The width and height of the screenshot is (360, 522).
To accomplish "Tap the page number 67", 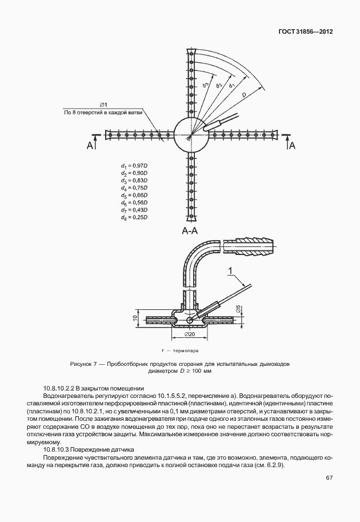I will tap(329, 478).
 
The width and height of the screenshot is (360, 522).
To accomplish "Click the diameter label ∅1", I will tap(103, 105).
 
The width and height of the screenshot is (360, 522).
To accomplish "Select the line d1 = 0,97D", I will tap(134, 165).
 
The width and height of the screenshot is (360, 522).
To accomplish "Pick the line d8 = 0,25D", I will tap(134, 217).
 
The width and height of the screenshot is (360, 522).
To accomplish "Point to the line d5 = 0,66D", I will tap(134, 195).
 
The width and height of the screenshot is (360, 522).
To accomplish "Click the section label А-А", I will tap(190, 231).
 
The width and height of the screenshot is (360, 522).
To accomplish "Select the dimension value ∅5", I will tap(238, 310).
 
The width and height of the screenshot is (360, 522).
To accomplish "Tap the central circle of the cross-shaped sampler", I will tap(190, 135).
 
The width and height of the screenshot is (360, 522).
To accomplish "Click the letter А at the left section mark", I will tap(90, 146).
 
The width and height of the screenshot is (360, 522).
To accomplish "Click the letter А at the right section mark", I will tap(292, 146).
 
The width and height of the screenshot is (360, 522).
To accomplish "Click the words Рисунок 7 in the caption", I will tap(85, 364).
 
